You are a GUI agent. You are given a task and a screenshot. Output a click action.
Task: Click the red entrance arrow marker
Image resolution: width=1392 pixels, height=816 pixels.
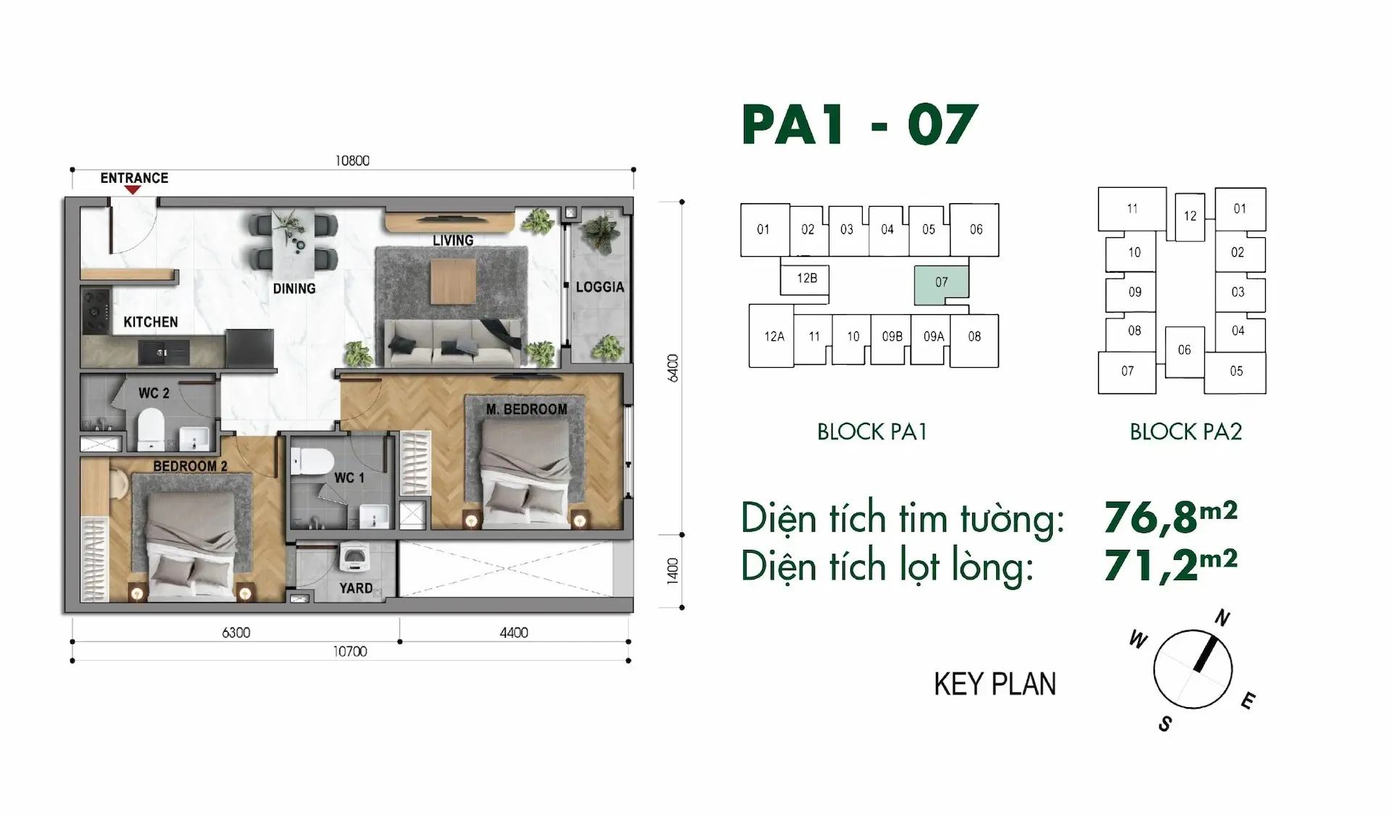pyautogui.click(x=132, y=190)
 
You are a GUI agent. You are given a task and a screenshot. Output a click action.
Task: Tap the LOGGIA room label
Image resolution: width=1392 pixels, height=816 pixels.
pyautogui.click(x=600, y=287)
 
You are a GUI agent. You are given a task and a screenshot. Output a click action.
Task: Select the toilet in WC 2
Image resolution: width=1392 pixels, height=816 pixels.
pyautogui.click(x=151, y=428)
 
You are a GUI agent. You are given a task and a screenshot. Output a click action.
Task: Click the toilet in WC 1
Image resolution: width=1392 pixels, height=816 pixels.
pyautogui.click(x=311, y=461)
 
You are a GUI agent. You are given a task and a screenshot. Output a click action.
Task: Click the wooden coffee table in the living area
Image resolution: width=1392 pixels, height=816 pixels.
pyautogui.click(x=453, y=281)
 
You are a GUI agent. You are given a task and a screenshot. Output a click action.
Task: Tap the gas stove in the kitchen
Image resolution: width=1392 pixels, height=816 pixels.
pyautogui.click(x=95, y=311)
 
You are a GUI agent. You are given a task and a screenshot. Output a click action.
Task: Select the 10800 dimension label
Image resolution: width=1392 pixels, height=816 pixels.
pyautogui.click(x=352, y=160)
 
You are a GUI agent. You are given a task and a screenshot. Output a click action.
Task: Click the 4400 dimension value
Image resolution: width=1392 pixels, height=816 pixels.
pyautogui.click(x=513, y=632)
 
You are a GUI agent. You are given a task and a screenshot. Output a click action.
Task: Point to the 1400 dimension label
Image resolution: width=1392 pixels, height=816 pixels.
pyautogui.click(x=673, y=571)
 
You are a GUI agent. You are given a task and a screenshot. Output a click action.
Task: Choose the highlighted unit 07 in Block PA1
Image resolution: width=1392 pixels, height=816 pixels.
pyautogui.click(x=941, y=282)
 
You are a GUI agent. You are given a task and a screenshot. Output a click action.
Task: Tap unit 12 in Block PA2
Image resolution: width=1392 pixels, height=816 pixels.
pyautogui.click(x=1190, y=216)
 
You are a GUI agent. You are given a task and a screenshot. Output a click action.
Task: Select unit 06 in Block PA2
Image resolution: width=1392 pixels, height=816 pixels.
pyautogui.click(x=1184, y=351)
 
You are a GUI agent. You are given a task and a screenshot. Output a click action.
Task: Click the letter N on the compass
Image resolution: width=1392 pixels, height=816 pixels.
pyautogui.click(x=1222, y=618)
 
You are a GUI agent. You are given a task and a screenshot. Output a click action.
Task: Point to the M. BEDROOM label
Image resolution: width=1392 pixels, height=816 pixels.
pyautogui.click(x=526, y=410)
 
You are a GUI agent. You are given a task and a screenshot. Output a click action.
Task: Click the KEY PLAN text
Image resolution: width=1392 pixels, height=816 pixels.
pyautogui.click(x=995, y=684)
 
